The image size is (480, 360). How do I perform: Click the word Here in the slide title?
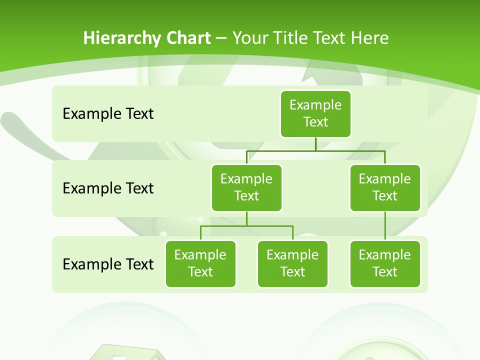click(369, 38)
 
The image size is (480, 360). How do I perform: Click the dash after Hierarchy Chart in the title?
click(221, 38)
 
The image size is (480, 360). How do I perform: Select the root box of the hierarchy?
click(315, 113)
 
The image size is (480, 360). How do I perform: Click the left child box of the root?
click(246, 187)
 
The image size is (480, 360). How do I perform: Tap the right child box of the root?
click(385, 187)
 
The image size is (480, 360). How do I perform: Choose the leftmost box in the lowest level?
click(200, 263)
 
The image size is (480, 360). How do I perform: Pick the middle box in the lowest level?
click(292, 263)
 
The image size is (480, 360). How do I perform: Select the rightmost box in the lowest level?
click(385, 263)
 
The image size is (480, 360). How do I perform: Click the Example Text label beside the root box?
click(108, 114)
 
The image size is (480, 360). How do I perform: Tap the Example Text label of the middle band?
click(108, 188)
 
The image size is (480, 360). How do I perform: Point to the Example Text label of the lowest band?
click(108, 264)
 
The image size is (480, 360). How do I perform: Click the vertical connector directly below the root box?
click(315, 144)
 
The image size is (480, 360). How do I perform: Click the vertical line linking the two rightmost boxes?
click(385, 226)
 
